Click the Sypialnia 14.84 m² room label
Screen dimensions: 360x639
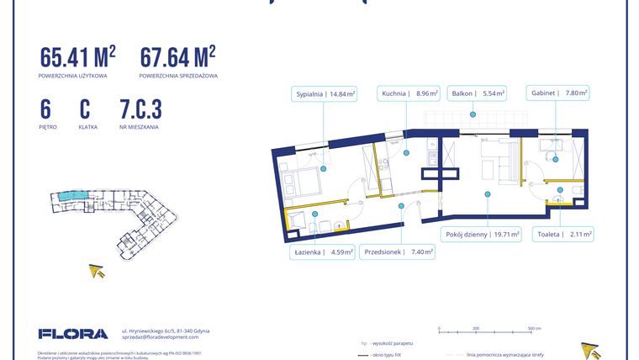[x=324, y=94]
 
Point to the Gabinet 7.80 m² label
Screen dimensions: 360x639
[x=557, y=94]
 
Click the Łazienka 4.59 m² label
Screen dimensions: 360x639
[x=324, y=251]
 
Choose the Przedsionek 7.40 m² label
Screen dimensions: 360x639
[x=398, y=251]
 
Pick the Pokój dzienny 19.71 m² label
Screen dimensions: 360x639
[x=482, y=235]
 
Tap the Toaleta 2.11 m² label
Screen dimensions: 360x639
[x=564, y=235]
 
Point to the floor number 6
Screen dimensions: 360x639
[x=45, y=109]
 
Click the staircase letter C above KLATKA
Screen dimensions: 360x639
[x=85, y=109]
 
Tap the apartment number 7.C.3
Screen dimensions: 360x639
[x=140, y=109]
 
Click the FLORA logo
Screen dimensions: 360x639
[x=73, y=334]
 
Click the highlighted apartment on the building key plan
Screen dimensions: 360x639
[x=66, y=195]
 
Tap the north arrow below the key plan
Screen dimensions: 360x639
[x=98, y=270]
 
